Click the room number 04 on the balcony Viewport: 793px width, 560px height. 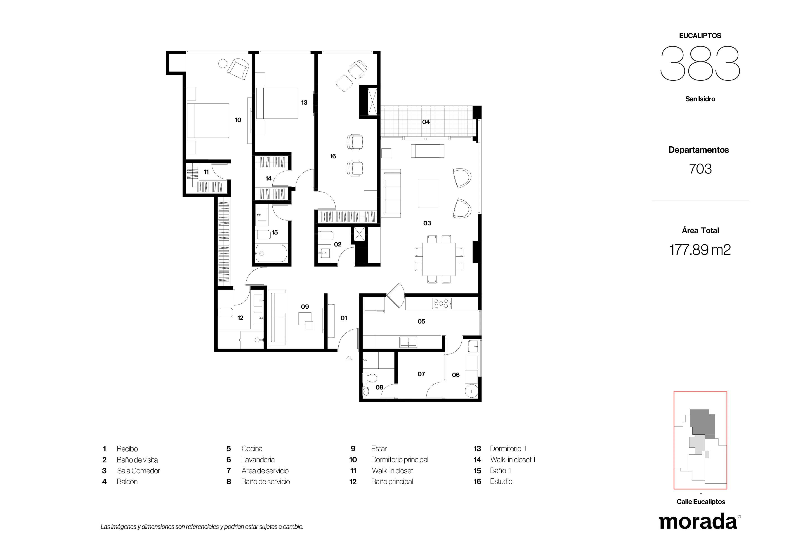[426, 122]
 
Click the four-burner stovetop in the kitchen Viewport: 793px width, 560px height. [442, 304]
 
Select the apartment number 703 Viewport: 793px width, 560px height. [700, 169]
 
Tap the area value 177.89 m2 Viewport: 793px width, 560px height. [700, 249]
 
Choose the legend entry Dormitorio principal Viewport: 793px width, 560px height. [400, 460]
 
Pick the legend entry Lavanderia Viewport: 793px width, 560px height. [258, 460]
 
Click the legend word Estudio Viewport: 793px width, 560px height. [501, 481]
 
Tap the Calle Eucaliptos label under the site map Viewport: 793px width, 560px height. [701, 502]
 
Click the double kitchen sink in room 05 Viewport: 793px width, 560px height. [408, 342]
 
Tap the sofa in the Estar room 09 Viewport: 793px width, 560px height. [277, 317]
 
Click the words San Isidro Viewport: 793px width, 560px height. [700, 99]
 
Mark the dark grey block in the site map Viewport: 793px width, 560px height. [702, 424]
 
